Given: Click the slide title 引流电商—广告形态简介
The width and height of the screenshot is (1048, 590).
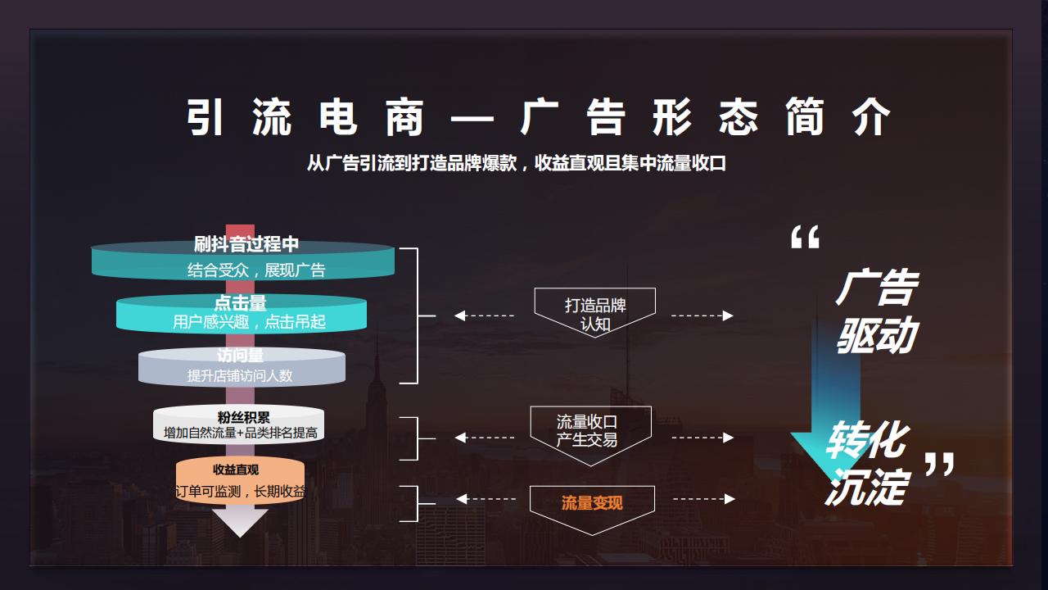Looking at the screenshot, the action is coord(538,118).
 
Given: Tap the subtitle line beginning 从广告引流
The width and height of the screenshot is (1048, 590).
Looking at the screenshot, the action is coord(516,163).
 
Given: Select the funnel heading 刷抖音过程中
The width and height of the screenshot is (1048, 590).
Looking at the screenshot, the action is coord(246,243).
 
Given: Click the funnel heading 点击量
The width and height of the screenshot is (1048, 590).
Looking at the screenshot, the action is coord(241,303).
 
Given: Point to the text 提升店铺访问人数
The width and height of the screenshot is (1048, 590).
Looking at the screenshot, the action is coord(240,375).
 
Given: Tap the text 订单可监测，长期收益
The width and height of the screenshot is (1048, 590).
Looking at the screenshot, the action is coord(241,492).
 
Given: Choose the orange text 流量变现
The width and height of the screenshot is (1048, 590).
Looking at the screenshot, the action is coord(592,502).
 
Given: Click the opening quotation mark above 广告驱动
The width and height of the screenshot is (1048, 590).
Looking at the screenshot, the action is coord(805,238).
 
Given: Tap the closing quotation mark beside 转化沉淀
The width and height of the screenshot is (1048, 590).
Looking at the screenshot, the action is coord(939,465).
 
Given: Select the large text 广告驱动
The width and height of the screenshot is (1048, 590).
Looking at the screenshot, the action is coord(876,312).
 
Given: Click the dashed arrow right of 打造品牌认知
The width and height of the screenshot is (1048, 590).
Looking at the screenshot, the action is coord(702,315).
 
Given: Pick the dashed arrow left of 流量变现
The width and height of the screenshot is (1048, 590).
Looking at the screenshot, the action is coord(486,499).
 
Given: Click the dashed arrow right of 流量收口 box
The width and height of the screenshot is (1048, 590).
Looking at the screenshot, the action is coord(702,438).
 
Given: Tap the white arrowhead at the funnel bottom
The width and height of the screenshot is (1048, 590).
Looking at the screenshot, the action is coord(240,523).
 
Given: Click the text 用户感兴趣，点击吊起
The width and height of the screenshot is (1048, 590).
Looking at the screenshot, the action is coord(249,322).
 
